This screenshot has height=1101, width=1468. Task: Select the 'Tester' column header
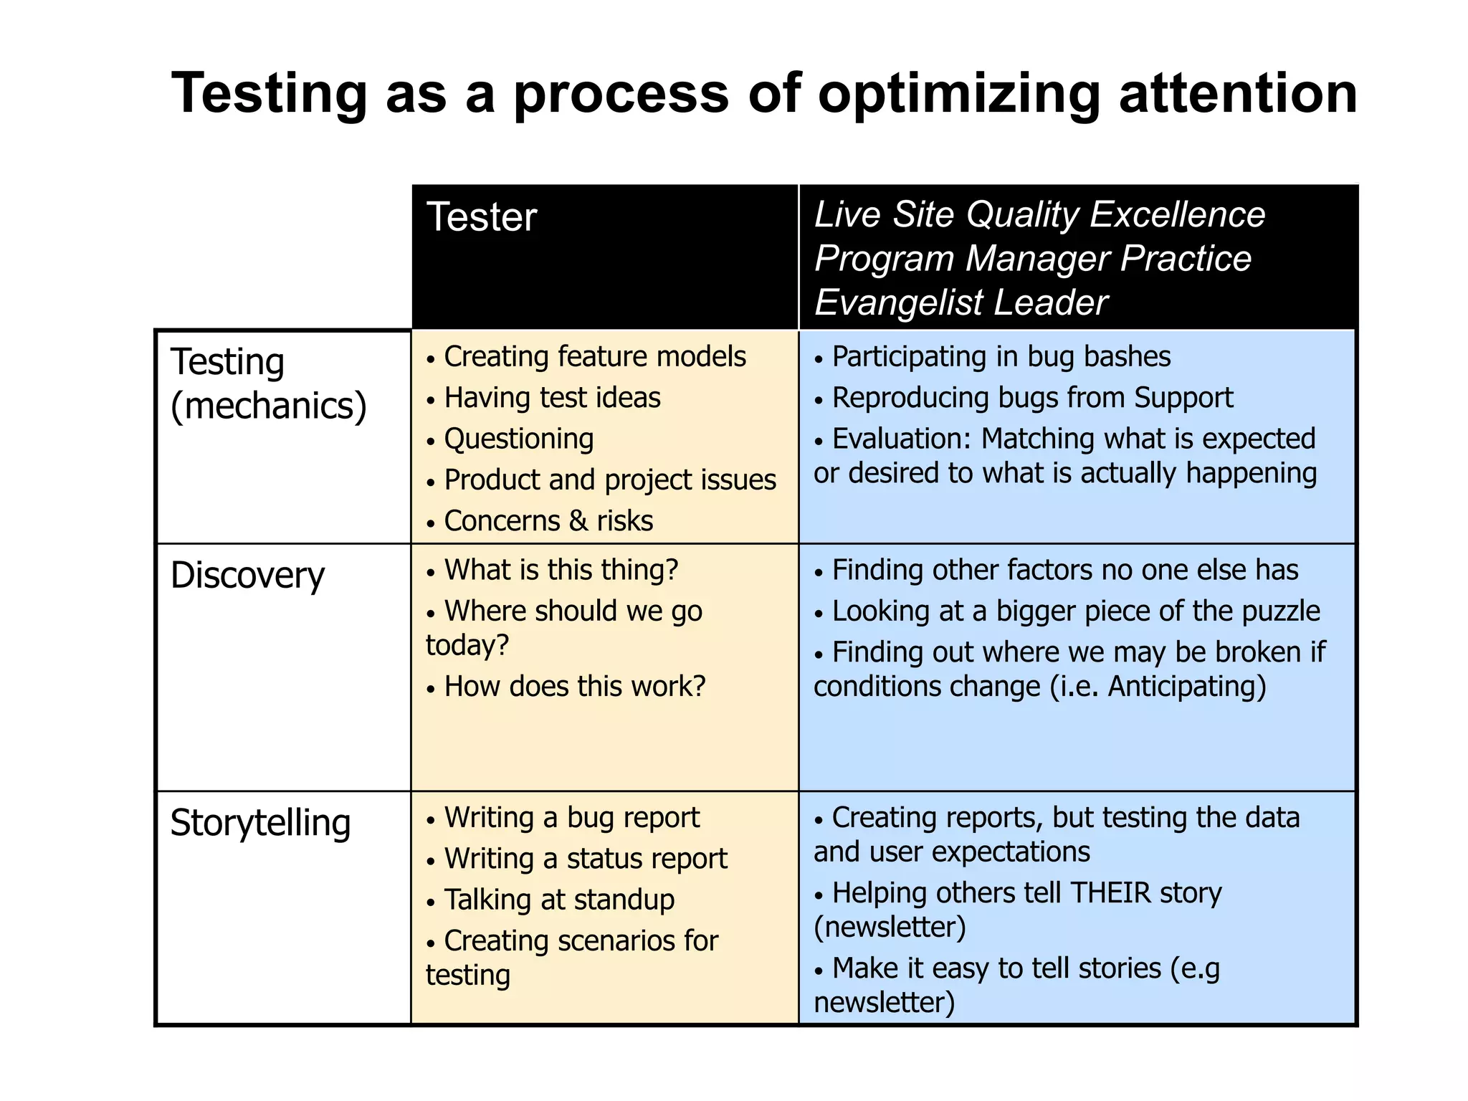tap(482, 217)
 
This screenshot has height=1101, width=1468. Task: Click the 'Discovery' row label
tap(247, 576)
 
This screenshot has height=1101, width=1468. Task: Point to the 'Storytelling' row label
tap(260, 823)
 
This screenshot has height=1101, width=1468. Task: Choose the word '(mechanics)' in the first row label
tap(269, 406)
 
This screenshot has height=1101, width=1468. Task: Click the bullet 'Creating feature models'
tap(594, 356)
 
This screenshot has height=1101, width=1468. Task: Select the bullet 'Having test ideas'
tap(552, 398)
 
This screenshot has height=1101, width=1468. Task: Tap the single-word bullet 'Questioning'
tap(519, 439)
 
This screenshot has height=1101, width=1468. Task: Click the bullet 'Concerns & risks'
tap(548, 521)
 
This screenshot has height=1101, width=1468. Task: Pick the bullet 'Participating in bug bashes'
tap(1001, 356)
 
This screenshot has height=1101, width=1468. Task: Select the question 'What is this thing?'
tap(561, 570)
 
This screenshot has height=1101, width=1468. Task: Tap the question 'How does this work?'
tap(575, 687)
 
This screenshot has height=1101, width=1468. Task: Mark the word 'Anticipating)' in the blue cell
tap(1187, 687)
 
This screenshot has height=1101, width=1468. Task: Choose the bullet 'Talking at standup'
tap(559, 900)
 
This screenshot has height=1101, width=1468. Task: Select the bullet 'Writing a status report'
tap(586, 859)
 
